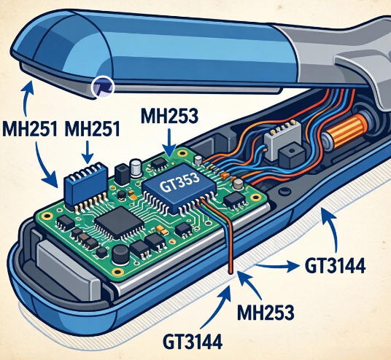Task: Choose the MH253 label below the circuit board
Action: [x=266, y=313]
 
